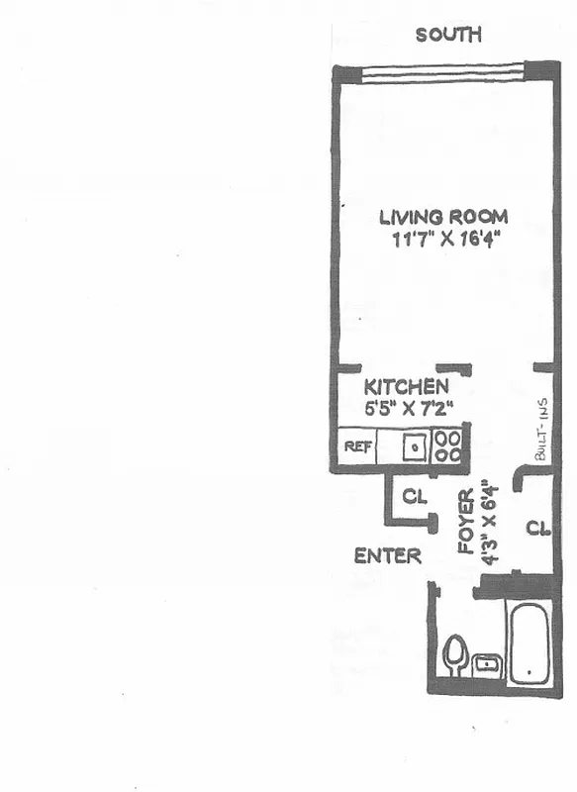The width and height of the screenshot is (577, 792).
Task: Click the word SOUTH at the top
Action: (448, 35)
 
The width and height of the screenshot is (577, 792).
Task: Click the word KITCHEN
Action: (406, 386)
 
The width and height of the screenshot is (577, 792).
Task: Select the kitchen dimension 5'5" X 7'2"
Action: (407, 406)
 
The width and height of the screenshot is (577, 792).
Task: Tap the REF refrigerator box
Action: (356, 446)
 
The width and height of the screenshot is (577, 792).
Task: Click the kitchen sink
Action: (414, 446)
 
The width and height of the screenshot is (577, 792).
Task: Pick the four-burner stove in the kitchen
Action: (448, 445)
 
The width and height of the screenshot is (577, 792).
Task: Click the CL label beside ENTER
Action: (416, 498)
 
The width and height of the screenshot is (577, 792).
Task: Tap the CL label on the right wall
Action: (537, 529)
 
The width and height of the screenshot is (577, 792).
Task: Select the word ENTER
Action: (388, 556)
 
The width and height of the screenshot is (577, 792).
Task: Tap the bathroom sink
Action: (486, 664)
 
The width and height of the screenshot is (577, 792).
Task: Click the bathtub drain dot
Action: (529, 672)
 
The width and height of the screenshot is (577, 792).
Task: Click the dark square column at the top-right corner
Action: (540, 71)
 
